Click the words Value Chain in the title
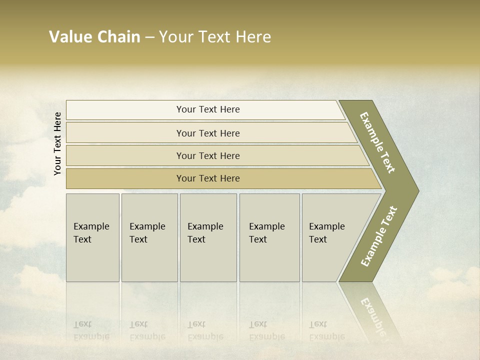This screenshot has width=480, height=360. tap(94, 37)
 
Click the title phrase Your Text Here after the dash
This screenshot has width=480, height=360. tap(215, 37)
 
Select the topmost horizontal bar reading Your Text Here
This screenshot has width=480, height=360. tap(207, 109)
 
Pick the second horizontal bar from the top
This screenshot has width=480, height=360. tap(207, 133)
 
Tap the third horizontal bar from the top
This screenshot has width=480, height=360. tap(207, 155)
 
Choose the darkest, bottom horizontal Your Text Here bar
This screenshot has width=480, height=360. tap(207, 178)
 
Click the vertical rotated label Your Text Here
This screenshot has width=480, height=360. tap(57, 143)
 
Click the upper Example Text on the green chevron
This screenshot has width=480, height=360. tap(377, 142)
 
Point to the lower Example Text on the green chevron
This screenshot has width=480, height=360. tap(379, 236)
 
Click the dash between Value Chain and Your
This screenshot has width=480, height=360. tap(149, 37)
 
